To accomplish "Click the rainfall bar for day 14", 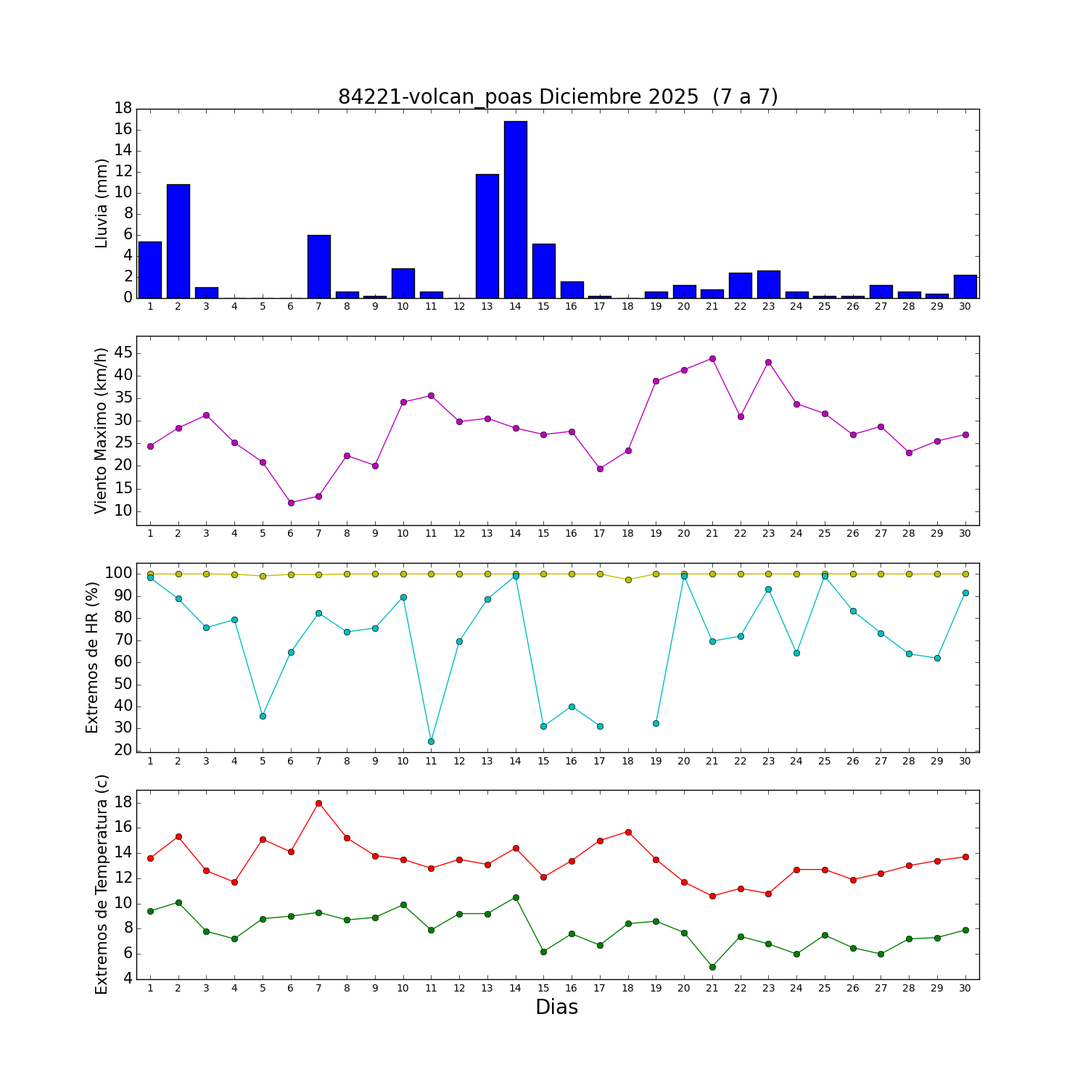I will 516,210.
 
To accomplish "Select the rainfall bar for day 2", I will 178,241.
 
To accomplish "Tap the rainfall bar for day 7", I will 319,266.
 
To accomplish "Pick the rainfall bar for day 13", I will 487,236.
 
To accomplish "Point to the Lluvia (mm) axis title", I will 102,203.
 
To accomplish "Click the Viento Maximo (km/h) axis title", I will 102,431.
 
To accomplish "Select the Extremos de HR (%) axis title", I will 92,657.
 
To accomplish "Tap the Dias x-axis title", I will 556,1007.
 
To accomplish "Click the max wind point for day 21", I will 712,358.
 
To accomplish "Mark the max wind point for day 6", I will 291,503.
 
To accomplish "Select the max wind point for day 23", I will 768,362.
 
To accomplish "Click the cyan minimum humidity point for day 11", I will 431,741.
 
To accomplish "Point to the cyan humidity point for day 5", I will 263,716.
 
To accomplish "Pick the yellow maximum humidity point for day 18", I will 628,580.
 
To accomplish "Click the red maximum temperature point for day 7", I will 318,803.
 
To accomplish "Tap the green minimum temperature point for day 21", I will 712,967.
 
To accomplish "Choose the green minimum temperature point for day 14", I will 516,897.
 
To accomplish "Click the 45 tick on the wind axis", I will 123,353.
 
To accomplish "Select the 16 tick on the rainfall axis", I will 123,129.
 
